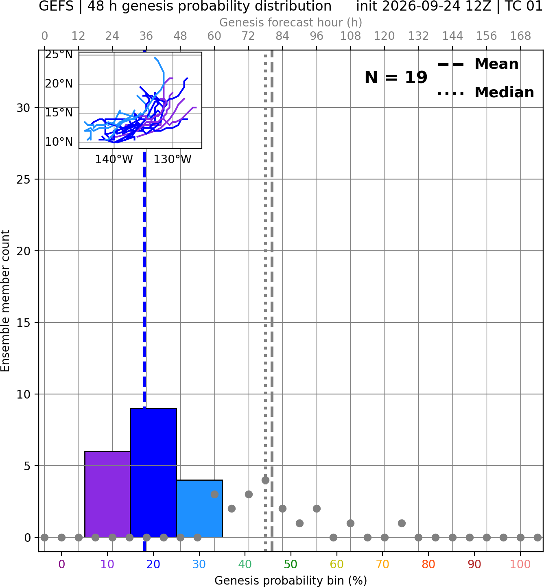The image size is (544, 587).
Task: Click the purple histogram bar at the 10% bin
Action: click(x=107, y=494)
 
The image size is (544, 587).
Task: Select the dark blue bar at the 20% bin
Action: click(x=153, y=473)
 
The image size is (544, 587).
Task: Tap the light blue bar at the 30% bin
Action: click(x=199, y=509)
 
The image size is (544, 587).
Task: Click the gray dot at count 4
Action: click(x=265, y=480)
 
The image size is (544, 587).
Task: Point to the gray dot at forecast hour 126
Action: click(x=402, y=523)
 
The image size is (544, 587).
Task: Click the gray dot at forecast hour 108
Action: click(x=350, y=523)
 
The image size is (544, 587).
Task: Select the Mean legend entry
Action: click(x=478, y=64)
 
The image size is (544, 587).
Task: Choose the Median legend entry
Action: click(x=485, y=92)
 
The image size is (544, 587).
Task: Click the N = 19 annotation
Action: click(x=396, y=77)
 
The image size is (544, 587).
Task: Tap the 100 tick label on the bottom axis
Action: click(x=520, y=564)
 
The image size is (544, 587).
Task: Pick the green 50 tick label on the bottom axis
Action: click(x=291, y=564)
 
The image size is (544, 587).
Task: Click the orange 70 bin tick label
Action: click(x=382, y=564)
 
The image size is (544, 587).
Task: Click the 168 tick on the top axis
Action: click(x=520, y=36)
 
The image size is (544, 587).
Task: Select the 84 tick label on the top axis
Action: click(x=282, y=36)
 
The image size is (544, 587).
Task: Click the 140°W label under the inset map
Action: click(x=114, y=160)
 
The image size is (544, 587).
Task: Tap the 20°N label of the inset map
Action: click(x=59, y=83)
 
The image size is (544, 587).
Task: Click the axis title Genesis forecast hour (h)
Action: click(x=291, y=22)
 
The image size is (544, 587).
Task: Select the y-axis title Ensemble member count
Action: click(x=5, y=301)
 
